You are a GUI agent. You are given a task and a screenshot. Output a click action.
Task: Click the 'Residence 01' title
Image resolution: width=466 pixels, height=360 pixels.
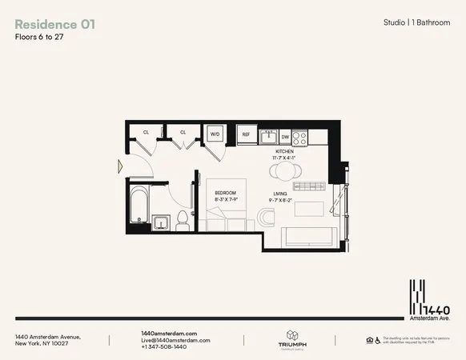point(55,24)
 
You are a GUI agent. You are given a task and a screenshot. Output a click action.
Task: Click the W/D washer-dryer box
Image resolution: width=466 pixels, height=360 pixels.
point(215,134)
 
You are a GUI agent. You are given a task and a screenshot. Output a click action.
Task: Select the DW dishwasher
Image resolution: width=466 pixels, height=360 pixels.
point(285,136)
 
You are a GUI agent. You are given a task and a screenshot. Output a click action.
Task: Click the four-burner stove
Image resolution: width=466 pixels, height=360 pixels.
point(299,137)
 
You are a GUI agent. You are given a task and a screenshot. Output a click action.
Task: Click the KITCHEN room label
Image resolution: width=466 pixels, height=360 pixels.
point(286,151)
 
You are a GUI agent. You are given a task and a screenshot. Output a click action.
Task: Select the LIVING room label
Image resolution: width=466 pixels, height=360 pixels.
point(280,193)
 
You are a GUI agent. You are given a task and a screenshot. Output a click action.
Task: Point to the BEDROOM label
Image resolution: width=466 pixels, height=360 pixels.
point(224,193)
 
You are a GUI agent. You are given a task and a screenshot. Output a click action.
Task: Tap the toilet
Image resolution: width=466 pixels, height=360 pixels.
point(182,219)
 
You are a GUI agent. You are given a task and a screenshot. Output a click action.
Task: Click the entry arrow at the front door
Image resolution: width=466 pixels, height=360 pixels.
point(120,166)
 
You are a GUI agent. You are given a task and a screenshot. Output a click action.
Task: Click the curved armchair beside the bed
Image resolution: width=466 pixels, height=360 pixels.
point(265,216)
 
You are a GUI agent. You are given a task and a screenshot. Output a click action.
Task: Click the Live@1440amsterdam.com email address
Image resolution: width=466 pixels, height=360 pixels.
point(175,340)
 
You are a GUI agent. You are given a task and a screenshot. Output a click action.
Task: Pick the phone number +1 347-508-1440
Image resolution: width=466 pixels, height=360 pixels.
point(163,346)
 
